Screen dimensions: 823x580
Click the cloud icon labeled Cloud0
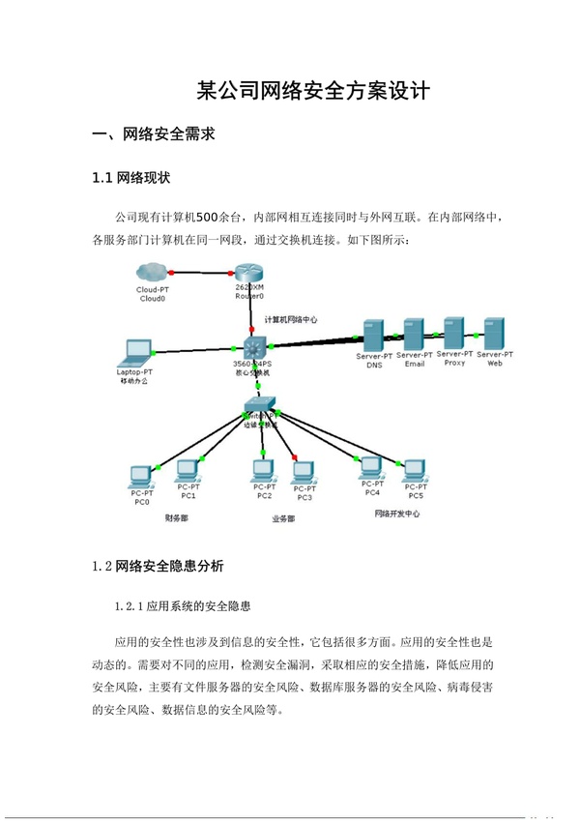click(x=152, y=273)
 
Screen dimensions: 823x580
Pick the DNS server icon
click(x=374, y=335)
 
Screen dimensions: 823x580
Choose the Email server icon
click(x=415, y=335)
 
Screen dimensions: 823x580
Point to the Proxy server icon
click(x=454, y=333)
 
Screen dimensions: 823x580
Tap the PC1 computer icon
click(x=188, y=470)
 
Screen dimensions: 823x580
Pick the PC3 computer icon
click(x=304, y=471)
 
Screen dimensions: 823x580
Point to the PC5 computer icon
click(x=415, y=469)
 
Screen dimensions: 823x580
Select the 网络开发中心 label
click(x=396, y=514)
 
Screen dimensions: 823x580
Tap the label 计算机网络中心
click(x=291, y=318)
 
